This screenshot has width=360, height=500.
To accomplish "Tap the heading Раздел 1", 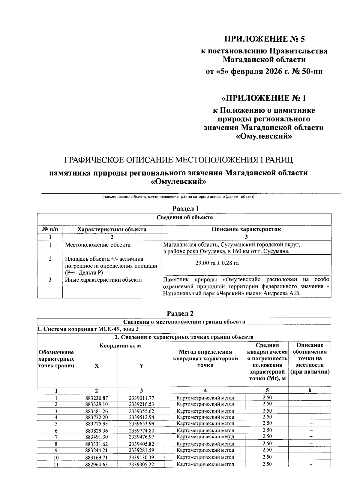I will tap(186, 208).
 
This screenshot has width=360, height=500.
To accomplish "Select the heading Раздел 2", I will tap(180, 313).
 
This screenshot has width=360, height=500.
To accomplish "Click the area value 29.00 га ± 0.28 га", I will tap(217, 263).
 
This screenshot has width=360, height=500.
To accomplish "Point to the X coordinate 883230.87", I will tap(96, 398).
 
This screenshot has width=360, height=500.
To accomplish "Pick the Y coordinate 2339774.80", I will tap(141, 430).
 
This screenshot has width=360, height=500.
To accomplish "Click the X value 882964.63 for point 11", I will tap(96, 464).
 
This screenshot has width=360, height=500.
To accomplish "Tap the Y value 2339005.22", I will tap(141, 464).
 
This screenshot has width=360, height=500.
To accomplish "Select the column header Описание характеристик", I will tap(246, 229).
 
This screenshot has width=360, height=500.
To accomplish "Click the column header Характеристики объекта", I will tap(112, 229).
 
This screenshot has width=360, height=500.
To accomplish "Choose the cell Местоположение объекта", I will tap(98, 245).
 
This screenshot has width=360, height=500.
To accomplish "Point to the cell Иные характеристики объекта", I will tap(103, 280).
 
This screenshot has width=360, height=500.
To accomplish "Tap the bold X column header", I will tap(97, 366).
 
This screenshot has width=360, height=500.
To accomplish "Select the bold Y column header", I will tap(141, 366).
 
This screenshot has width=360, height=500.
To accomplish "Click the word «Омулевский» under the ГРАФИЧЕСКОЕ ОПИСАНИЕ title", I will tap(179, 182).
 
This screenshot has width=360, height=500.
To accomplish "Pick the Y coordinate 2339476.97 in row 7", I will tap(141, 437).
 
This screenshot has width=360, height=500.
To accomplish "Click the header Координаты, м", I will tap(120, 346).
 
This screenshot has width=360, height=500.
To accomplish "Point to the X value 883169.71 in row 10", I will tap(96, 457).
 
